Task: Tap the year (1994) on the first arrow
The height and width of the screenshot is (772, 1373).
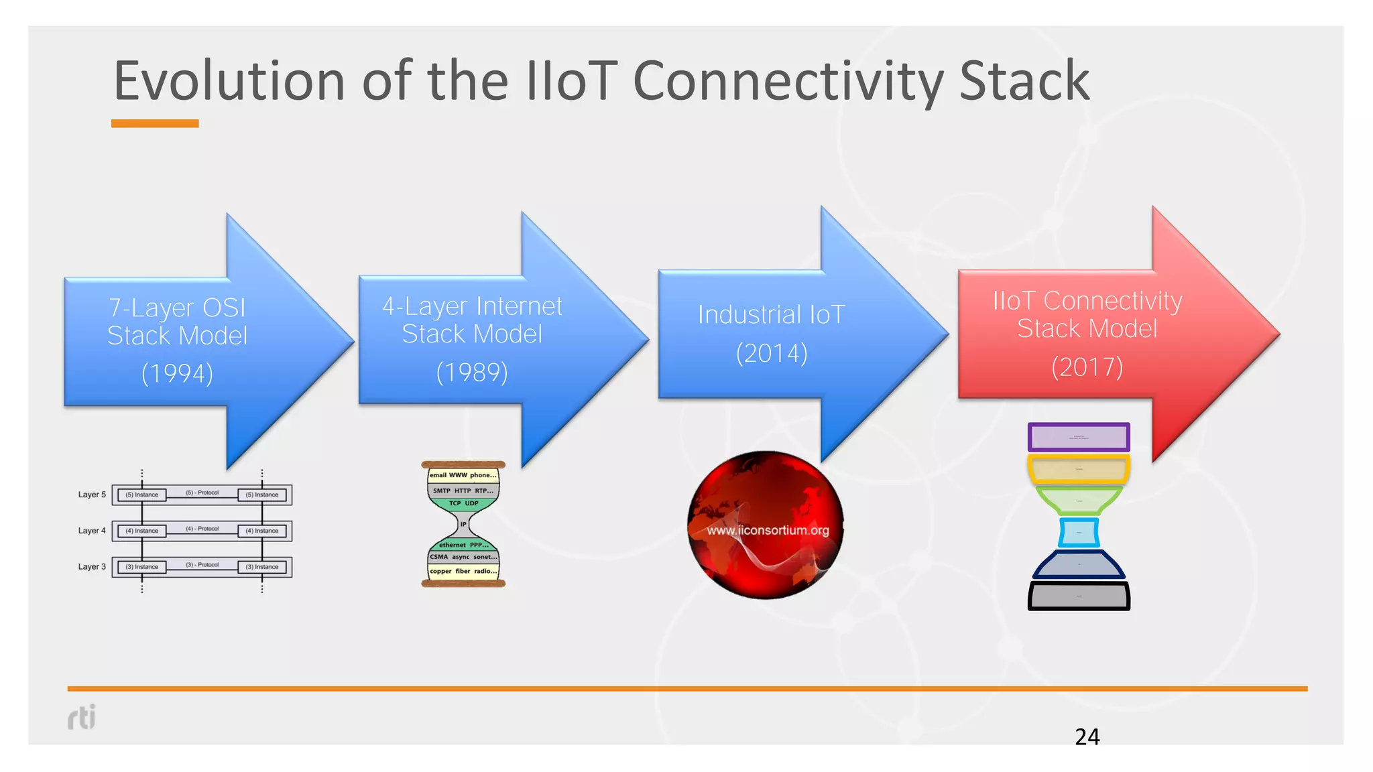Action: click(x=177, y=373)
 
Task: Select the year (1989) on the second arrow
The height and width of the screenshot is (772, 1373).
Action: click(x=472, y=372)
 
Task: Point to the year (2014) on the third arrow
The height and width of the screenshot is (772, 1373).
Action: click(x=772, y=353)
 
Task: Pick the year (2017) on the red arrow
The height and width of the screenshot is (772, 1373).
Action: click(x=1087, y=367)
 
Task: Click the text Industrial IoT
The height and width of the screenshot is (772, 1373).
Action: click(x=772, y=314)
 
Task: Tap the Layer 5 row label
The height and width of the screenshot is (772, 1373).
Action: click(x=92, y=495)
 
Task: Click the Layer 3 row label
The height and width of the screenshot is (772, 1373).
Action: click(x=92, y=566)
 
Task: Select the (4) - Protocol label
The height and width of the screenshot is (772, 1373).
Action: click(x=202, y=529)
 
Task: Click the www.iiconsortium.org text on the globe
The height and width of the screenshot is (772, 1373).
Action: click(x=768, y=530)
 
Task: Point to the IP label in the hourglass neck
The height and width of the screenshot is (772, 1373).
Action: click(x=463, y=524)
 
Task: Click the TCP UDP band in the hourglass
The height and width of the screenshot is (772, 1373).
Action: click(x=463, y=503)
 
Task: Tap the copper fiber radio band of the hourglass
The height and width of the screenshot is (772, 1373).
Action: click(x=463, y=572)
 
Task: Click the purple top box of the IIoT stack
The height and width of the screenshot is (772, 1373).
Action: click(x=1079, y=437)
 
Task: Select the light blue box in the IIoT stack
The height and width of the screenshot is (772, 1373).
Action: click(x=1079, y=533)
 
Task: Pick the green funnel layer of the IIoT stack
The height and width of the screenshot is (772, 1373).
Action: click(x=1079, y=500)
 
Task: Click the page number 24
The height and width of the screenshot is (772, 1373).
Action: click(x=1087, y=736)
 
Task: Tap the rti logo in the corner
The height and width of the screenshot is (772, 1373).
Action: click(x=82, y=716)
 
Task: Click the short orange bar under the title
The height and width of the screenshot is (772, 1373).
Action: click(x=155, y=123)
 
